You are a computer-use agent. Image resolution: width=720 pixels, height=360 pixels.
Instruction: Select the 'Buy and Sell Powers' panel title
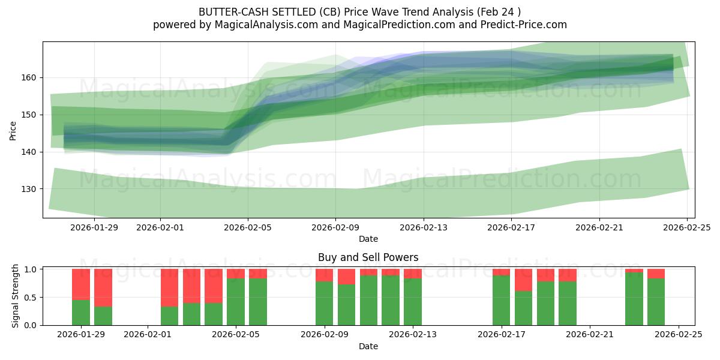point(368,257)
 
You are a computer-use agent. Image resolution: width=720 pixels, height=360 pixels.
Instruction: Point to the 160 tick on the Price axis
point(31,77)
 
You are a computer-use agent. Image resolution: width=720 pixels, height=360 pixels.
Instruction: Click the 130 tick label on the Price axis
point(31,189)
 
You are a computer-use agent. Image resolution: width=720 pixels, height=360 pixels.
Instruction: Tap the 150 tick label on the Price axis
point(31,115)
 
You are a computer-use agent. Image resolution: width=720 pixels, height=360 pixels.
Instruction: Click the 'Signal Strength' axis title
point(16,296)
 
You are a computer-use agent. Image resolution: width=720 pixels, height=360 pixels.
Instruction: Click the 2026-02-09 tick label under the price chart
point(335,227)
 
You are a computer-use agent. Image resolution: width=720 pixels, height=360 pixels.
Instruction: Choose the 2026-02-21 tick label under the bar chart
point(590,334)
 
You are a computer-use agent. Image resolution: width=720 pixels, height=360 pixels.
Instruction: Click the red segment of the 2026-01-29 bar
point(81,284)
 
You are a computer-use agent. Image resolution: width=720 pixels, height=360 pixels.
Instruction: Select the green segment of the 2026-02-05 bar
point(236,302)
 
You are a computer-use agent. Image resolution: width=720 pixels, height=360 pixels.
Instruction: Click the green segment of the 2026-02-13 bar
point(413,302)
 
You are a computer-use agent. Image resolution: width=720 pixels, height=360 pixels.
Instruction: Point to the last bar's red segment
point(656,274)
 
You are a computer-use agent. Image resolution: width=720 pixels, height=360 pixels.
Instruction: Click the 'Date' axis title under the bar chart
point(368,346)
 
